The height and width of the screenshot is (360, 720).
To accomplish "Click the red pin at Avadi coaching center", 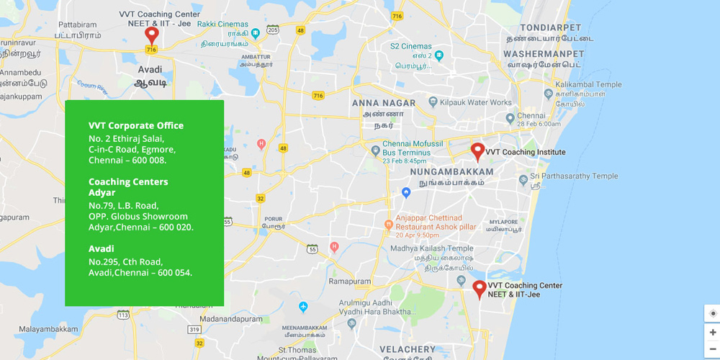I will (151, 34).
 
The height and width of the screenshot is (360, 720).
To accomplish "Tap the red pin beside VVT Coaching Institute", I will (477, 151).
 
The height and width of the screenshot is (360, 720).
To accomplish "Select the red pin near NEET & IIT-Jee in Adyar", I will (480, 289).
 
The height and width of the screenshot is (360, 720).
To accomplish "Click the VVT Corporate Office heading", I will (136, 125).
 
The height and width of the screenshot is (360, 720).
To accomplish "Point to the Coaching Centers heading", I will (128, 181).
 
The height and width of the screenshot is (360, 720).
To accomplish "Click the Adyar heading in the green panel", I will (102, 192).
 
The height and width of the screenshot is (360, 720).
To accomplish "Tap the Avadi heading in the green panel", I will (101, 248).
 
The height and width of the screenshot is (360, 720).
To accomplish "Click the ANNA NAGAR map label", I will (384, 103).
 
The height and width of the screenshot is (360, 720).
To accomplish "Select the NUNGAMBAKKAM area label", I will (451, 172).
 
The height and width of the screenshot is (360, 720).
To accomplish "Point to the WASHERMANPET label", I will (544, 54).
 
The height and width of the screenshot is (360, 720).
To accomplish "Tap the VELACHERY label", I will (407, 350).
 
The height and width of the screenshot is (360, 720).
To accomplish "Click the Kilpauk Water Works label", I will (476, 103).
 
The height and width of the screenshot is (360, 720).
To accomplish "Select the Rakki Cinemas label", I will (224, 24).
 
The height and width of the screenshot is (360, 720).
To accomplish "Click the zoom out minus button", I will (712, 349).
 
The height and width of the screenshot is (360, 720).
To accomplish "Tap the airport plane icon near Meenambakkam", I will (303, 307).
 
